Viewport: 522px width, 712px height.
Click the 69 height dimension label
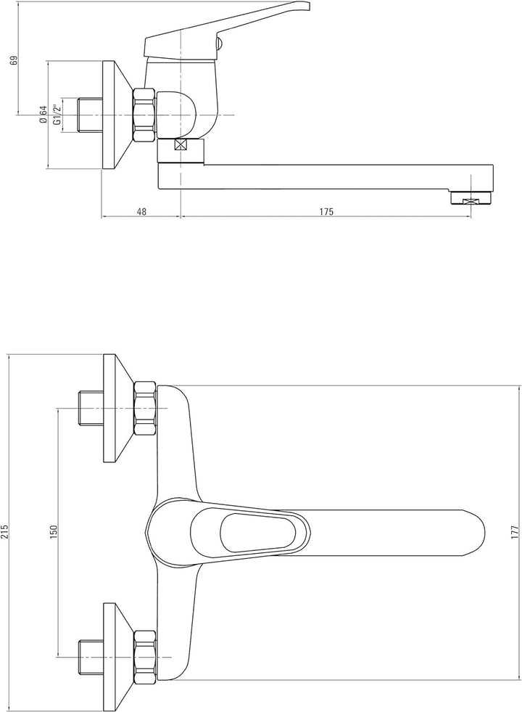14,60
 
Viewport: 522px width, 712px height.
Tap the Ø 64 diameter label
43,115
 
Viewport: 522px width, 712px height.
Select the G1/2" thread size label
57,115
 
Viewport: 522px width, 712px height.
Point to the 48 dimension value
141,212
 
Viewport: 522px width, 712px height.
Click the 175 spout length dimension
326,212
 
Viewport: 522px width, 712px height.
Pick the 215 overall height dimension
5,532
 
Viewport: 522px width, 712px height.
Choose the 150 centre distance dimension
54,532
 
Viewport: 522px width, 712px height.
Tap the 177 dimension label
514,532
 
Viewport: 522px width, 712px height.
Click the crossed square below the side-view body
181,145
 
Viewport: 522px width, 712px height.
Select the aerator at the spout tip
471,199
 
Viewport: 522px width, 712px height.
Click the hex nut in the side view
145,116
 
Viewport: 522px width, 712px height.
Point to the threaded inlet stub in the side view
90,115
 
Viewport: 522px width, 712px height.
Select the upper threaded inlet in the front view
91,408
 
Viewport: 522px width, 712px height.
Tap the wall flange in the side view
117,115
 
